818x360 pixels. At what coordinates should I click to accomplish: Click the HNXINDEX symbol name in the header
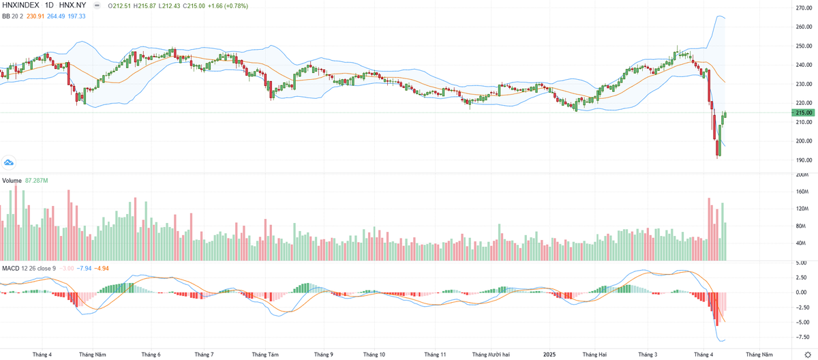click(x=21, y=6)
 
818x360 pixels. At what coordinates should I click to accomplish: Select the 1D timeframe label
click(x=49, y=6)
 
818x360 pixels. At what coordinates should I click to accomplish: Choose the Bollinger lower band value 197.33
click(x=76, y=16)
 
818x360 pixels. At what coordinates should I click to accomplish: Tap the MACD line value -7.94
click(x=84, y=268)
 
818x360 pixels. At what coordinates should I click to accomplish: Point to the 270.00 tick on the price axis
click(x=804, y=8)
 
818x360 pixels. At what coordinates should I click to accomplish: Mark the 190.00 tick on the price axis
click(x=804, y=160)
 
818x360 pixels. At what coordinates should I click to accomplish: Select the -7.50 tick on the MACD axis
click(x=803, y=337)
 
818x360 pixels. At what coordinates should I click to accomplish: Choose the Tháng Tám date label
click(x=264, y=355)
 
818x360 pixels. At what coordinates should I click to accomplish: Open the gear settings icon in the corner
click(x=808, y=355)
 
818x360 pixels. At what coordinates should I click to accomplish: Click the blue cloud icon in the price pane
click(x=9, y=162)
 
